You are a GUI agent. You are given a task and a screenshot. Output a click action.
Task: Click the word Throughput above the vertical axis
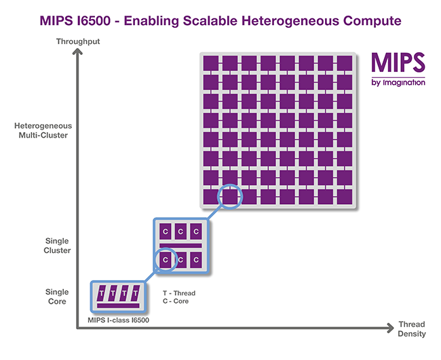tap(79, 42)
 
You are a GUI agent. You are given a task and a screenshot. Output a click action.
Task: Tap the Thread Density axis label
tap(412, 329)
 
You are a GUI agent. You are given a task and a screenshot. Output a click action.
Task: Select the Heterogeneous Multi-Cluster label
tap(43, 130)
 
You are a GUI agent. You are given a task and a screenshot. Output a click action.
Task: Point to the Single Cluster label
tap(58, 245)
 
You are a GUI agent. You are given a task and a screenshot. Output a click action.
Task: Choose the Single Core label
tap(58, 296)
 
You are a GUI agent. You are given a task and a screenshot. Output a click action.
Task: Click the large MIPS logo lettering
tap(398, 64)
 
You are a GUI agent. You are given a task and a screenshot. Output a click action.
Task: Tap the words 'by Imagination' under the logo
tap(398, 83)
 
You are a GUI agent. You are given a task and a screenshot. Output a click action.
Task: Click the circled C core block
tap(164, 259)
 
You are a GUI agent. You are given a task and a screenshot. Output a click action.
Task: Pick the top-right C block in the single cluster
tap(197, 231)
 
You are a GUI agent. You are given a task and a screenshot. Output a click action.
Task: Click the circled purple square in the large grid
tap(230, 197)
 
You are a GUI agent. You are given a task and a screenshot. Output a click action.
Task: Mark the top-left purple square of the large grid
tap(211, 64)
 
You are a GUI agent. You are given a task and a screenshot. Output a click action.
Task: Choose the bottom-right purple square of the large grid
tap(344, 197)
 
